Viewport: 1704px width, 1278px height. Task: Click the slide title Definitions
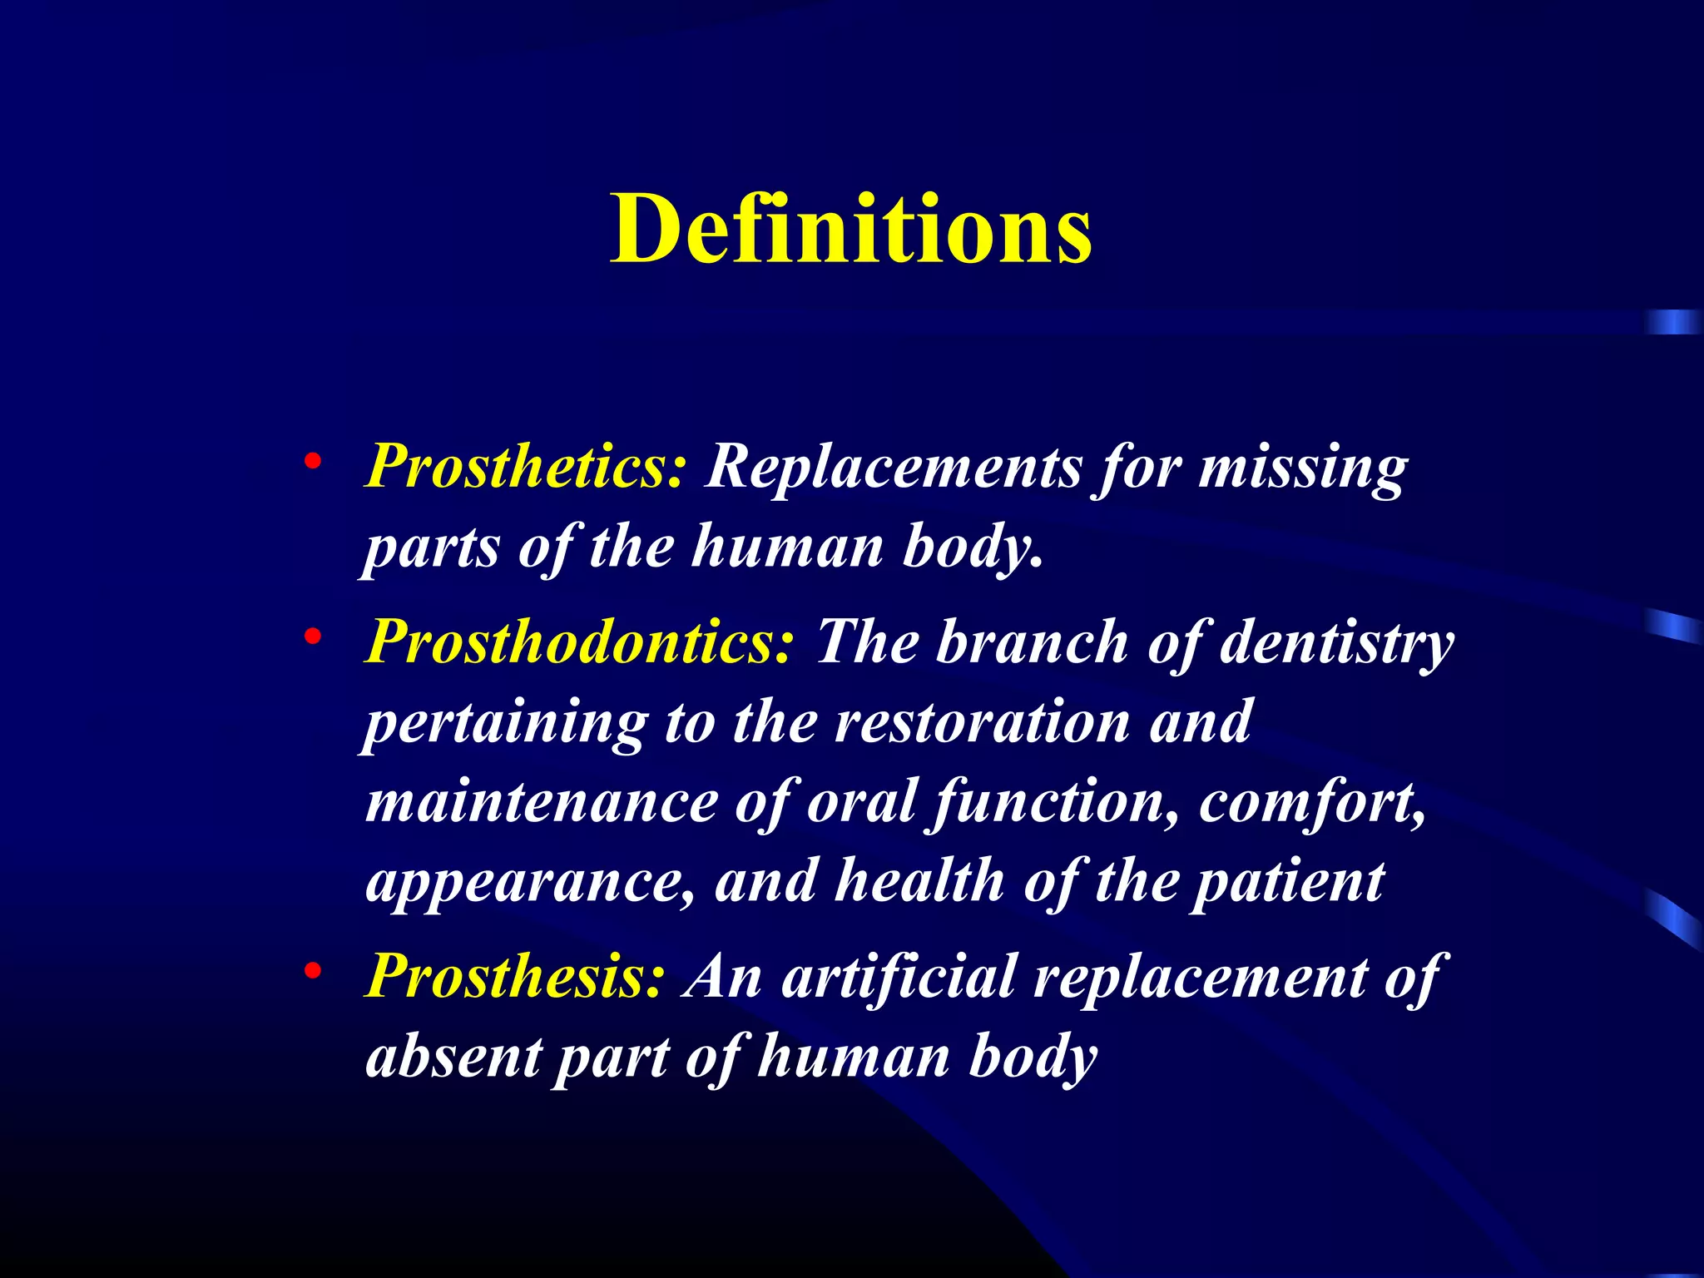[x=850, y=228]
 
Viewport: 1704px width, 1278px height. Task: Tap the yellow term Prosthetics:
[x=527, y=466]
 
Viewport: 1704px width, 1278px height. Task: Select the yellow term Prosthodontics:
[x=580, y=642]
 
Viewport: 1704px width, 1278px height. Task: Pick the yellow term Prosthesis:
[x=515, y=976]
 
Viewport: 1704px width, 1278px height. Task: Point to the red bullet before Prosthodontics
[x=313, y=637]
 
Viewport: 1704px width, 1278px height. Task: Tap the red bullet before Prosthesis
[x=313, y=971]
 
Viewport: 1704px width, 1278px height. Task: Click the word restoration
[x=982, y=721]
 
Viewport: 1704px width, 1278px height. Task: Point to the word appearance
[x=530, y=882]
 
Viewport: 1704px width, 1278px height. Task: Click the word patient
[x=1288, y=882]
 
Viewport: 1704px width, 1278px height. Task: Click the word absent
[x=453, y=1057]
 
